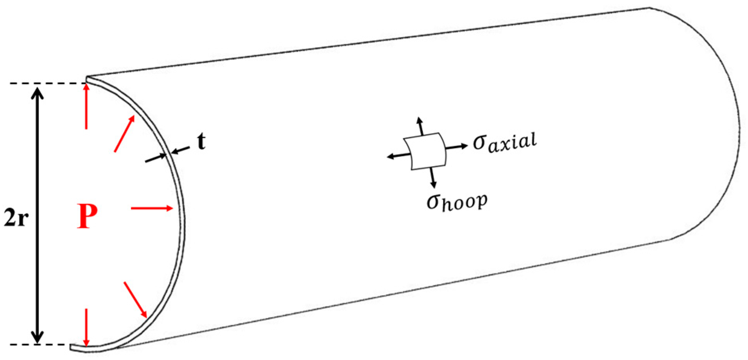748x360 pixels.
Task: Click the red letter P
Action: tap(87, 216)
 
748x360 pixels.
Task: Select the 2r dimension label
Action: tap(16, 218)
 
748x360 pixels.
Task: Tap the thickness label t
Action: tap(201, 141)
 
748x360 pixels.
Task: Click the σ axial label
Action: tap(505, 142)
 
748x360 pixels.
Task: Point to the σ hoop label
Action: tap(457, 202)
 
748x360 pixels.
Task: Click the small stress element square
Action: tap(425, 151)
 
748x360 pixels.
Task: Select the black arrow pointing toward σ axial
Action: tap(457, 147)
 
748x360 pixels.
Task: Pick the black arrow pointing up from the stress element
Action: tap(420, 126)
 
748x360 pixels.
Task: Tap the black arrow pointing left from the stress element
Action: tap(398, 156)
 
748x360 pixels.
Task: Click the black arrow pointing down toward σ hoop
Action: tap(432, 178)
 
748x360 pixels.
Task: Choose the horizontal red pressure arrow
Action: tap(152, 208)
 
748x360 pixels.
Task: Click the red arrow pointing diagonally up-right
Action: tap(124, 134)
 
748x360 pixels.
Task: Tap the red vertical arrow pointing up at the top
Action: tap(86, 106)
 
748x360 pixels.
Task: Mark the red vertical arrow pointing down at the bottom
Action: tap(86, 327)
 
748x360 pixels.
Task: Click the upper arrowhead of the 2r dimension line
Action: tap(38, 94)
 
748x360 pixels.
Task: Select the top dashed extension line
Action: tap(47, 83)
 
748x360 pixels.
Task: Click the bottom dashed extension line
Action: tap(39, 345)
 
